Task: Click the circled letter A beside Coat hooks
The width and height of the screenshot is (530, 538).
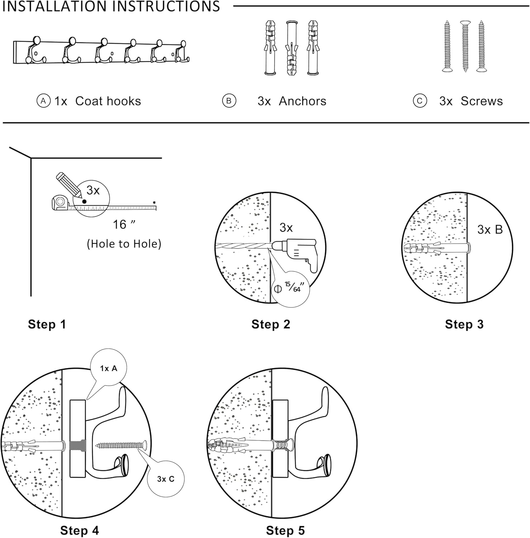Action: (x=43, y=101)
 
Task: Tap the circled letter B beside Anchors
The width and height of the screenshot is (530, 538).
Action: (x=229, y=101)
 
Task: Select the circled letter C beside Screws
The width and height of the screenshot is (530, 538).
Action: (x=420, y=101)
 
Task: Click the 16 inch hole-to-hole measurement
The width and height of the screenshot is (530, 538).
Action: (x=124, y=225)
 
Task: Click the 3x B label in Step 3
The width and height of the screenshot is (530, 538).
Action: (x=490, y=230)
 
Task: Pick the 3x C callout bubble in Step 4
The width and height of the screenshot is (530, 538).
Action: (x=166, y=479)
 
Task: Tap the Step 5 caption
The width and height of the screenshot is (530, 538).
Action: (x=285, y=530)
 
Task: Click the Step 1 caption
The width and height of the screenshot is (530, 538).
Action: (x=47, y=324)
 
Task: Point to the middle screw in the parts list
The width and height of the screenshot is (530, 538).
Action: (x=465, y=47)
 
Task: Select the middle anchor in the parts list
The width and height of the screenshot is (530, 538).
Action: (x=292, y=47)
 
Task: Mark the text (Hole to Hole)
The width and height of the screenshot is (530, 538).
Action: (x=124, y=244)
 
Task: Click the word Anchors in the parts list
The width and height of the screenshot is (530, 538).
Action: (x=302, y=101)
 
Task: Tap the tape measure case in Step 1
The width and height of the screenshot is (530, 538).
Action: (x=60, y=203)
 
